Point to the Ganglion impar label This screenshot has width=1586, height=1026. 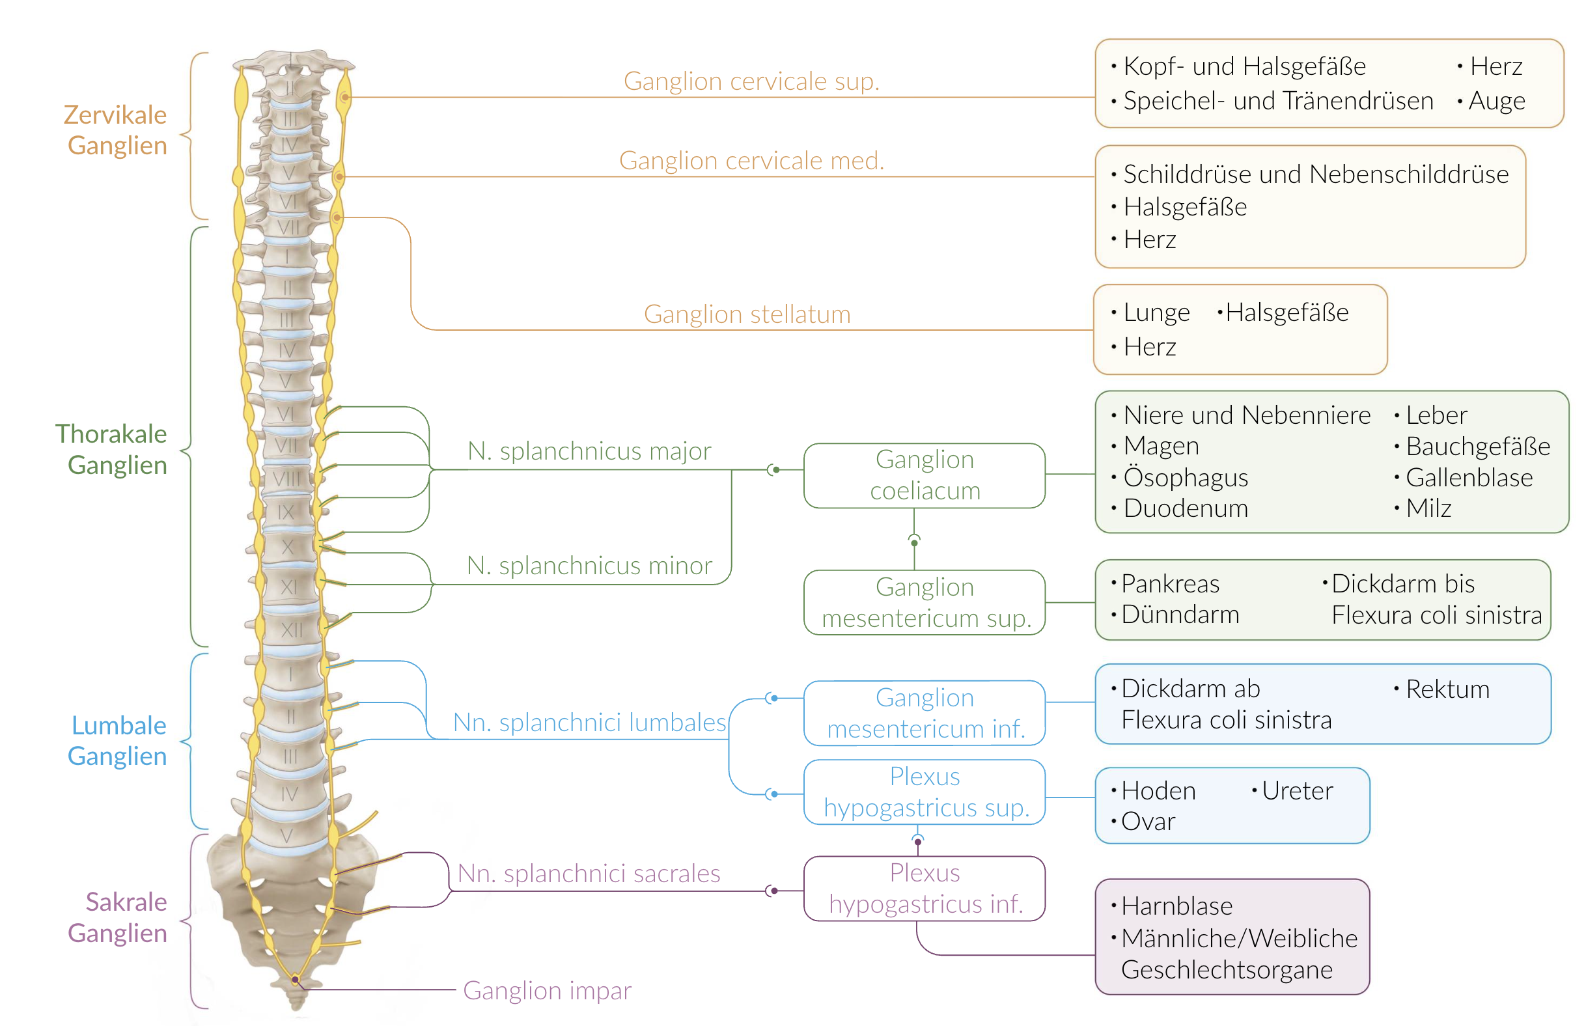[x=546, y=990]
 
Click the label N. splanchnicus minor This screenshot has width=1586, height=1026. [x=589, y=566]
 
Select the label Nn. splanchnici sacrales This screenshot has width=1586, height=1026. [x=589, y=873]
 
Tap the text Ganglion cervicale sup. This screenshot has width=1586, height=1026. [x=751, y=81]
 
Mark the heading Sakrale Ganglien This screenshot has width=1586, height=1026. [x=118, y=917]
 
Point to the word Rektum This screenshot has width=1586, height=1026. [x=1447, y=689]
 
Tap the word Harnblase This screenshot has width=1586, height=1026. [x=1176, y=906]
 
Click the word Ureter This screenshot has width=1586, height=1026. [x=1296, y=791]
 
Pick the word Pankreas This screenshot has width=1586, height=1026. [x=1170, y=583]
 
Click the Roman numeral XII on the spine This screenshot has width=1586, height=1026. [x=291, y=630]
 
